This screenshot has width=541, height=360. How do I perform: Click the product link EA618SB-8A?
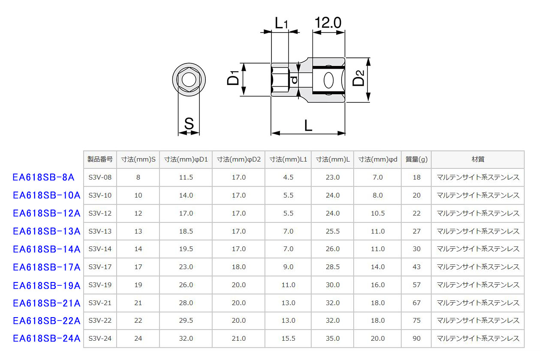tap(44, 177)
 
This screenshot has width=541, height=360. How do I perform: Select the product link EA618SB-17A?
tap(47, 267)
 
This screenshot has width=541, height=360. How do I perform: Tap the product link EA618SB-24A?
tap(47, 338)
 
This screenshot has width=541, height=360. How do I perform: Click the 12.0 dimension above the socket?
tap(328, 23)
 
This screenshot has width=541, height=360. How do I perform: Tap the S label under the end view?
tap(189, 123)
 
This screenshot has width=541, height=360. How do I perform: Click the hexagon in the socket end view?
tap(189, 80)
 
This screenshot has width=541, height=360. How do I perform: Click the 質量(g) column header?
tap(416, 159)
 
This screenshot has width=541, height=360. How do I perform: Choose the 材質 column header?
tap(478, 159)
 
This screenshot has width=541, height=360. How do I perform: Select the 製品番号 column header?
tap(100, 159)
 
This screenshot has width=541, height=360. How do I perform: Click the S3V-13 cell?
tap(100, 231)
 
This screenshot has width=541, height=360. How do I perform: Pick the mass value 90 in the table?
tap(416, 339)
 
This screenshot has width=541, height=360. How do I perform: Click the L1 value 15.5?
tap(288, 339)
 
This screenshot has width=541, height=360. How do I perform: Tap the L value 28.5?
tap(333, 267)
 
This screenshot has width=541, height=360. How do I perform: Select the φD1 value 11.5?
tap(186, 177)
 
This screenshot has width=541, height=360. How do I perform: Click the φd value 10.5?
tap(377, 213)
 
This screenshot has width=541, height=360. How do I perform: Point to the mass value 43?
tap(416, 267)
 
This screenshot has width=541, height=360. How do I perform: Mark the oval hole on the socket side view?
tap(329, 80)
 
